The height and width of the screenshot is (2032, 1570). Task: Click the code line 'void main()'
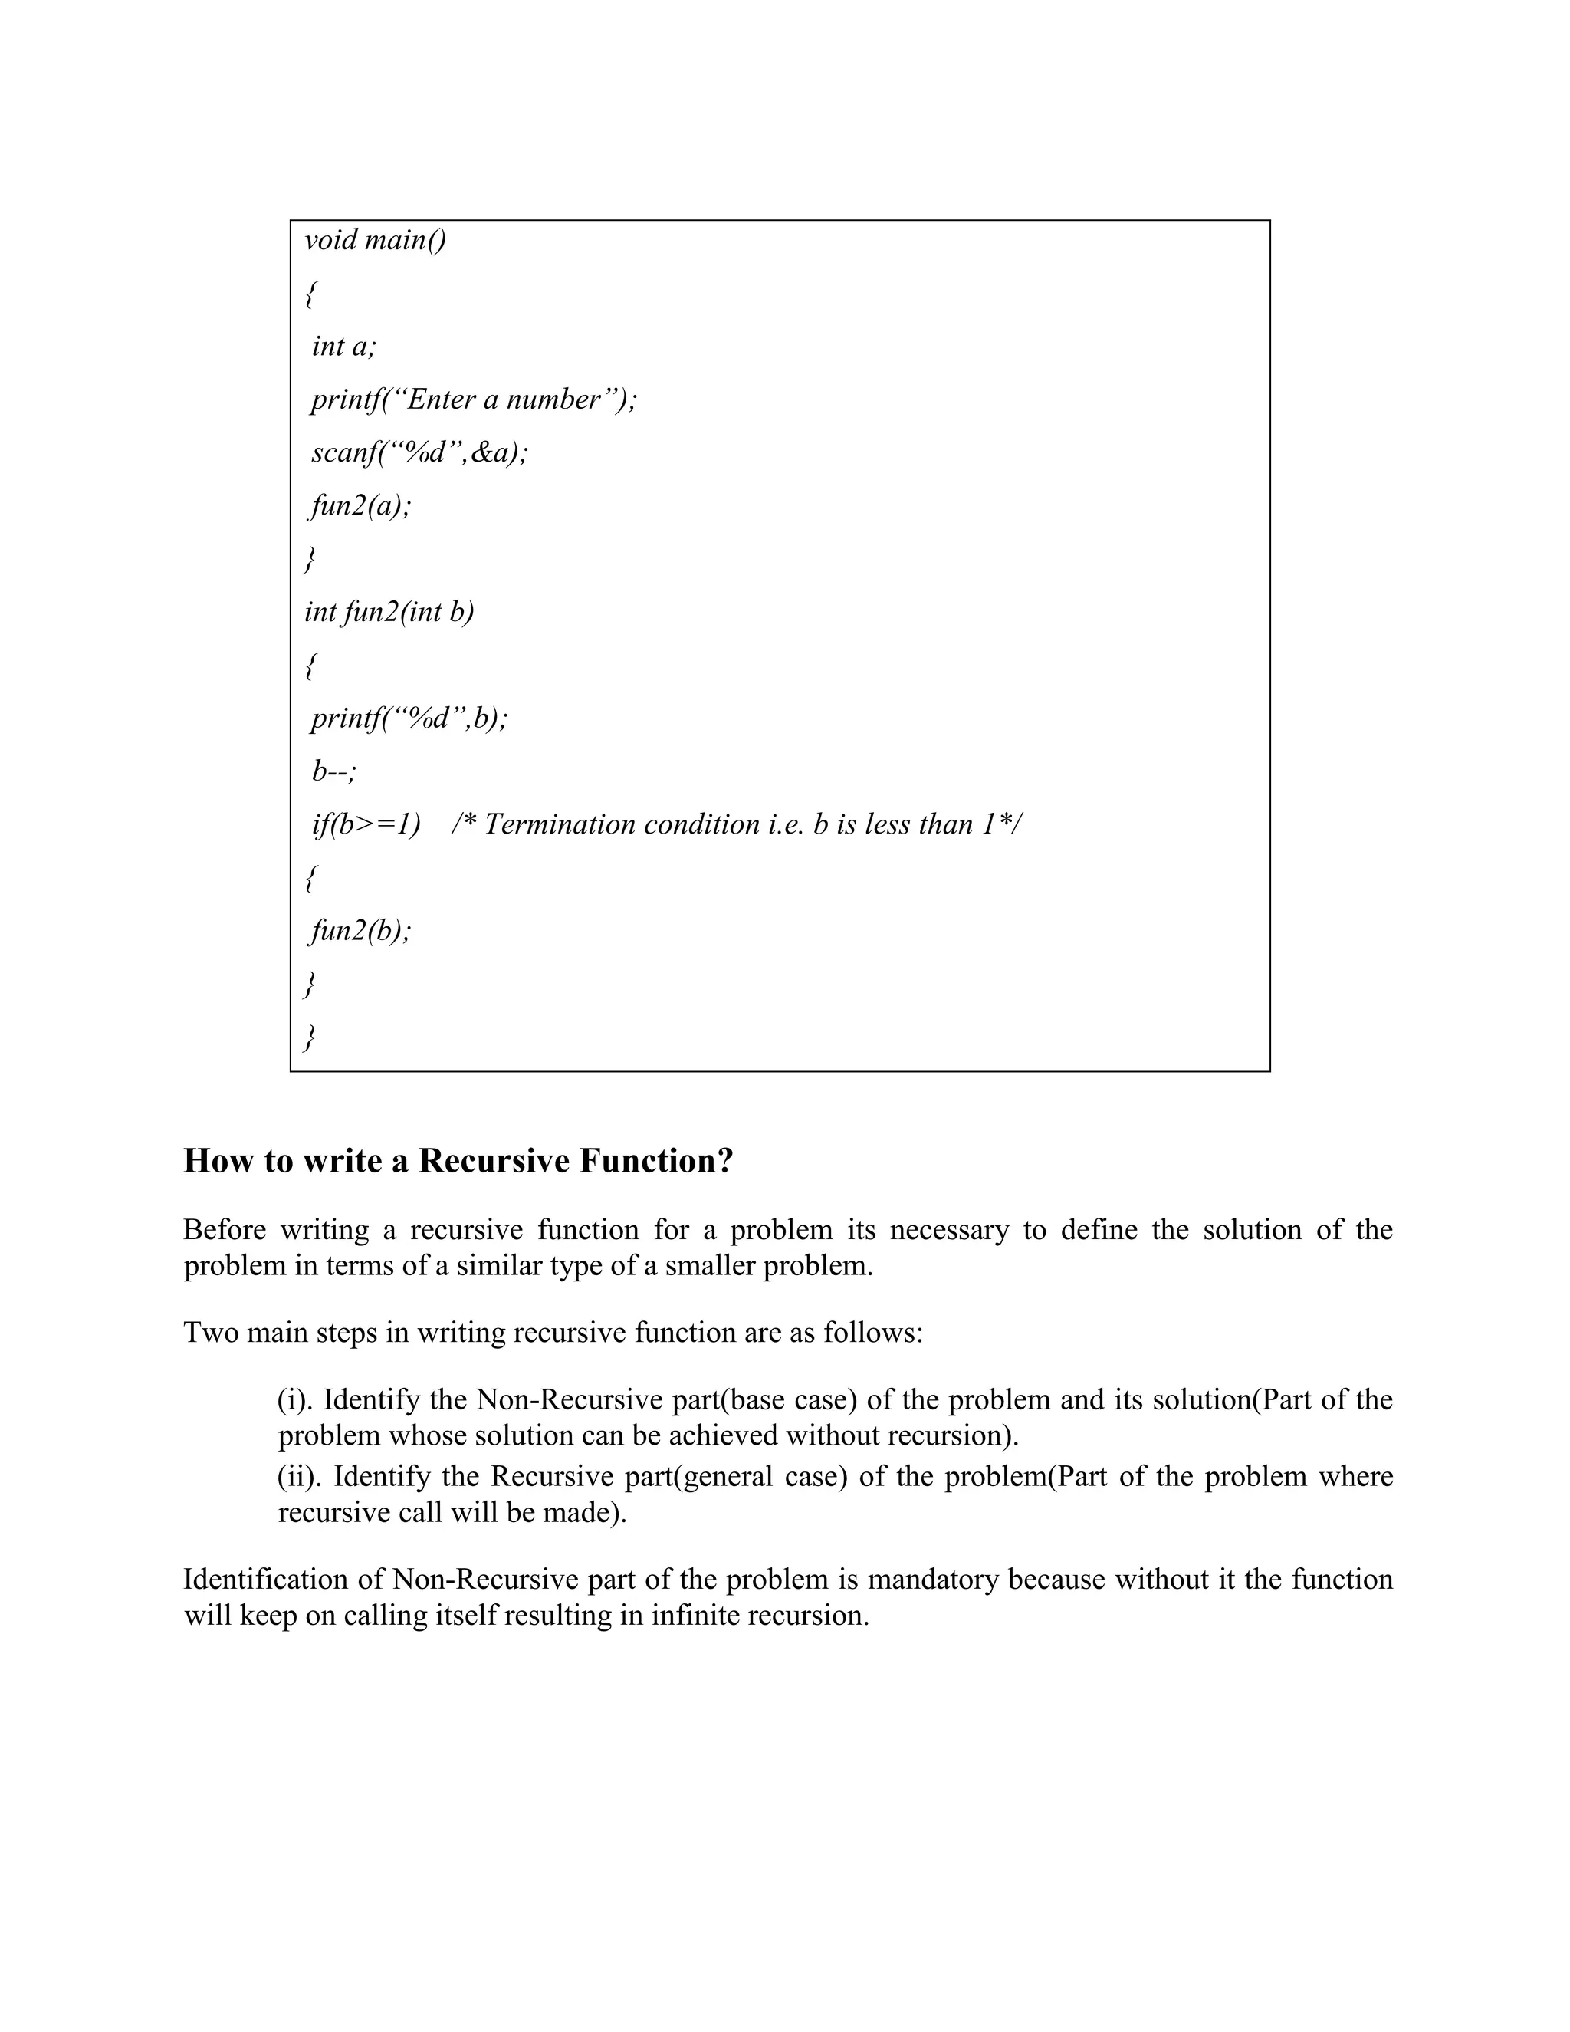375,240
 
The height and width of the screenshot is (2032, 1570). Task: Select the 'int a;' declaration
343,346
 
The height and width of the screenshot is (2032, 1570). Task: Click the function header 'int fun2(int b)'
389,611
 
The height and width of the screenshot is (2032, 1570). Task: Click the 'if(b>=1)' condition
366,824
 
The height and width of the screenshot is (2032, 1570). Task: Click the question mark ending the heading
725,1161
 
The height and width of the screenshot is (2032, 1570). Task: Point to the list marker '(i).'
296,1399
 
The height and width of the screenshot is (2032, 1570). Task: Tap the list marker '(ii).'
301,1477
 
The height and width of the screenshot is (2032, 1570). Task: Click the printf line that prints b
409,718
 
